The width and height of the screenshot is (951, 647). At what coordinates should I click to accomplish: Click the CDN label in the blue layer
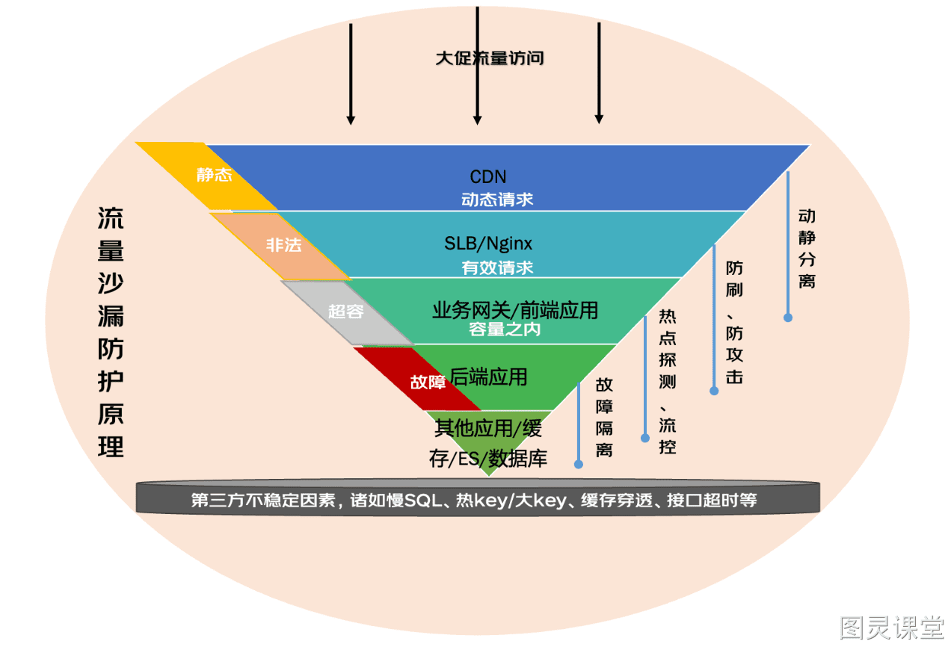click(487, 176)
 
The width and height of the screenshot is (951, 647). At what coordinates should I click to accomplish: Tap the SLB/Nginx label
click(487, 244)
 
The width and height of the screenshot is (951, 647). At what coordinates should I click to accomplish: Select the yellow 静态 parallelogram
click(207, 176)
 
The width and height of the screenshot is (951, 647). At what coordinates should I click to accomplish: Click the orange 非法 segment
click(280, 246)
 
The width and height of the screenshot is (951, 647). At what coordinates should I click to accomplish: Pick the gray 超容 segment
click(346, 313)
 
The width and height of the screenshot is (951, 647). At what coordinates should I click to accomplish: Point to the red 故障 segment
click(418, 379)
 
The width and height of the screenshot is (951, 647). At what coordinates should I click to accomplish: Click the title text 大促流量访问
click(490, 58)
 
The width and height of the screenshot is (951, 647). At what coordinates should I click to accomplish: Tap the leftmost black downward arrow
click(351, 74)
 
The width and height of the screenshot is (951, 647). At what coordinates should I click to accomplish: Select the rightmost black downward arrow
click(599, 73)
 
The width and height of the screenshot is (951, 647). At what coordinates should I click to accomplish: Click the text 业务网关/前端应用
click(515, 310)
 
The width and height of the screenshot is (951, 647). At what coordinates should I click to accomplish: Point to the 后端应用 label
click(488, 377)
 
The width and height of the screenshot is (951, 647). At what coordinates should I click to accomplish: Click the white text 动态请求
click(497, 199)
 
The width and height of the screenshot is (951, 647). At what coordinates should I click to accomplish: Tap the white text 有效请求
click(497, 267)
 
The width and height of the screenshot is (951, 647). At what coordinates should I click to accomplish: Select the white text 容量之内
click(505, 329)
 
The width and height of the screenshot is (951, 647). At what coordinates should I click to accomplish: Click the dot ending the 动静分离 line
click(788, 318)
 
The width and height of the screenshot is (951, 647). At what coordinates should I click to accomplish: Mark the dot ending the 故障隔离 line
click(578, 465)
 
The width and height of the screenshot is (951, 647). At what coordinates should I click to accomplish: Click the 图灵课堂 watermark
click(891, 628)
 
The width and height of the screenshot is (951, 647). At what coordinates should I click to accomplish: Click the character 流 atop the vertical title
click(111, 218)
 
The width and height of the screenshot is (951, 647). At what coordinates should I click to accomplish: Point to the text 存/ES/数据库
click(487, 459)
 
